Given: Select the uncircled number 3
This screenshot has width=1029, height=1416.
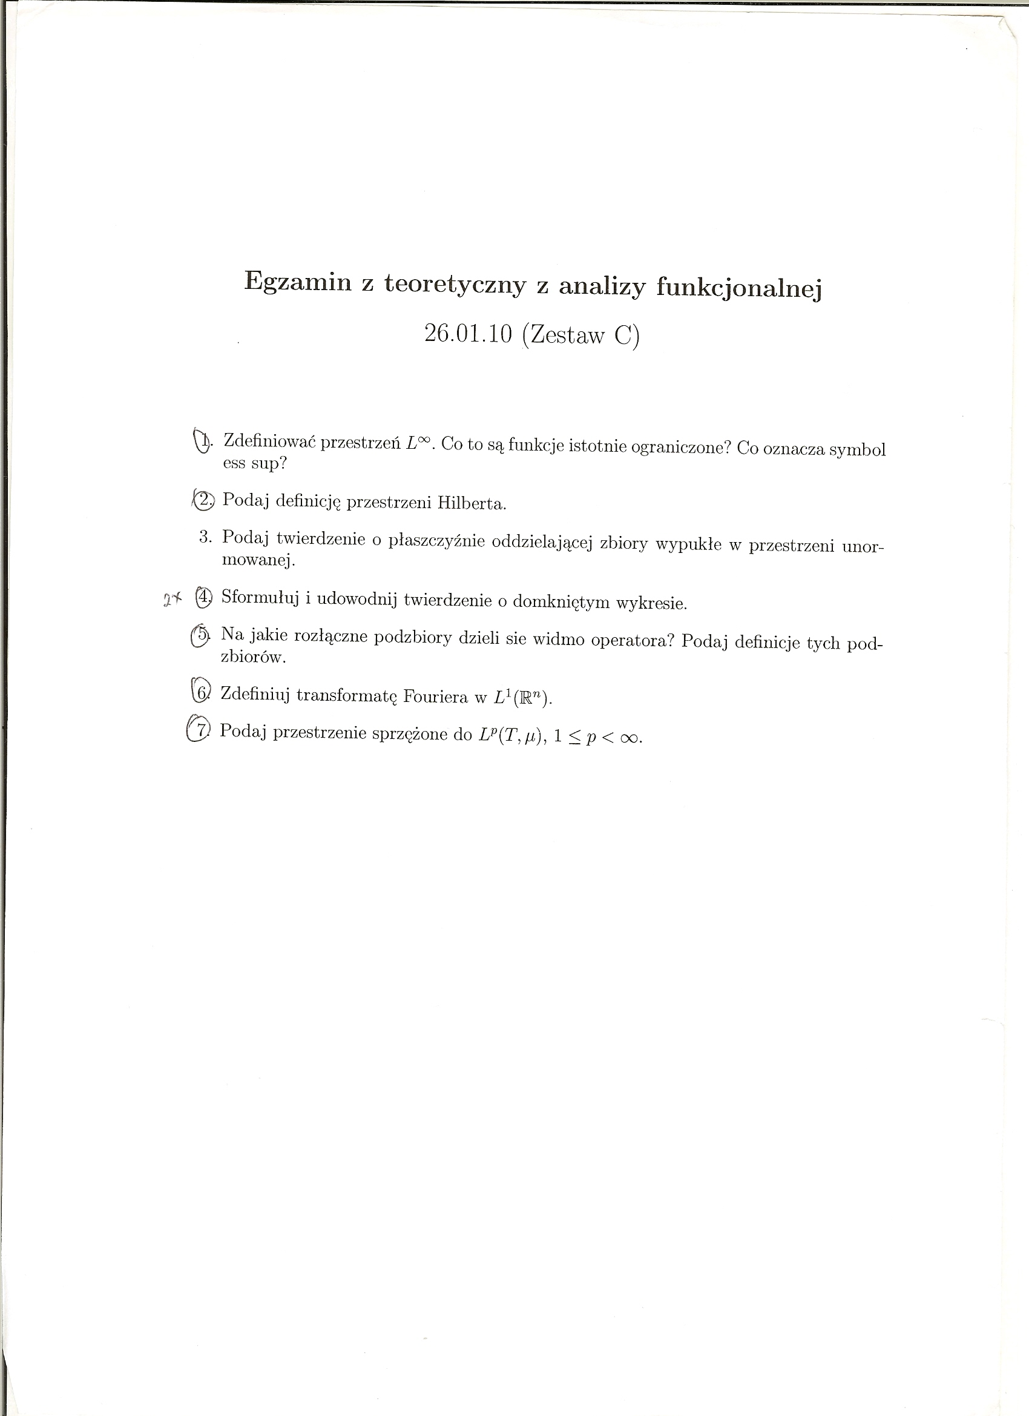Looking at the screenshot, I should tap(206, 537).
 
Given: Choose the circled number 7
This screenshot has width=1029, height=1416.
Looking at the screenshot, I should tap(199, 729).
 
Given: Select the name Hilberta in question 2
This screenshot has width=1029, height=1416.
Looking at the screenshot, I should tap(471, 503).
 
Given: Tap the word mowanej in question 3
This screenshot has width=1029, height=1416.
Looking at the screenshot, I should tap(258, 560).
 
